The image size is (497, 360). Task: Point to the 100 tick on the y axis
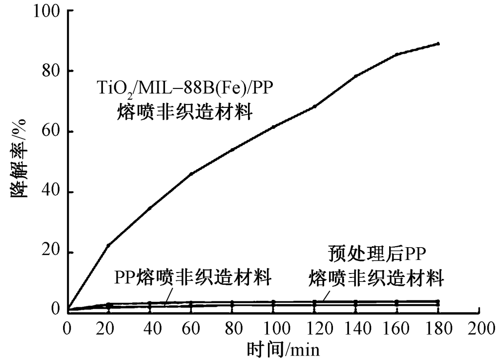[50, 10]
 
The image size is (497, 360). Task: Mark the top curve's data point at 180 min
[438, 44]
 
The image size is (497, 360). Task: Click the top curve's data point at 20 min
[109, 245]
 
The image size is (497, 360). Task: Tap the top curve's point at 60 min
[191, 174]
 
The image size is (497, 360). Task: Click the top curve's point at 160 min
[397, 54]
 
